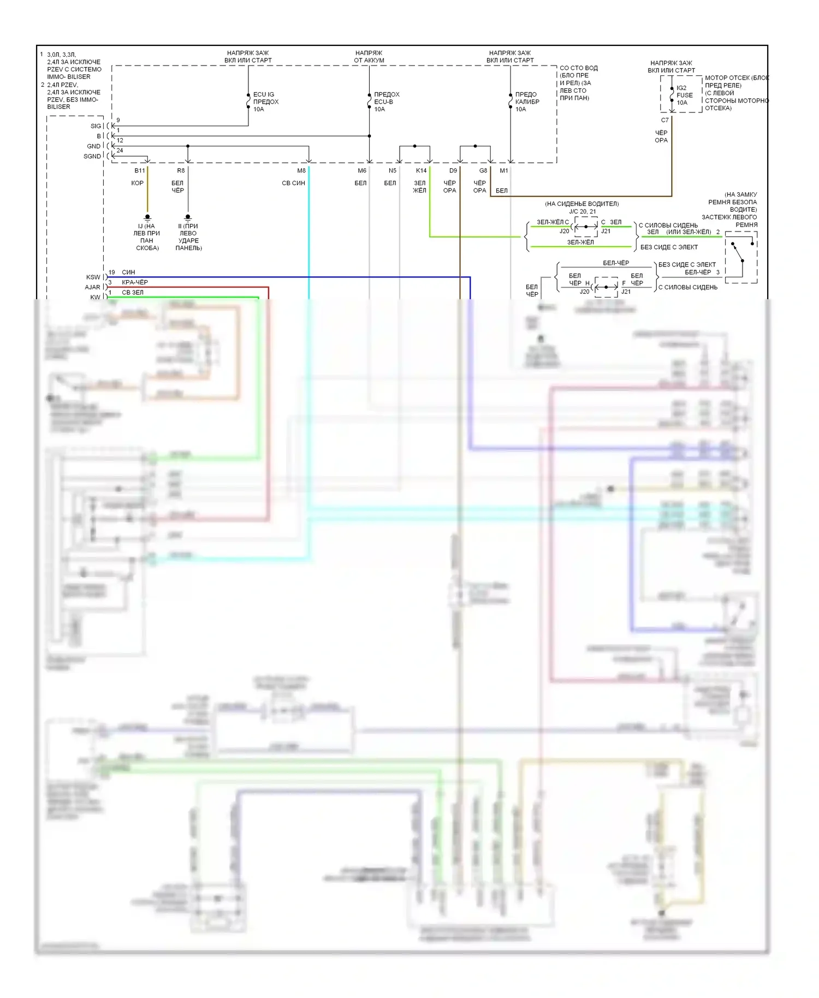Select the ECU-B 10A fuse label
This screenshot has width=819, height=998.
click(x=386, y=102)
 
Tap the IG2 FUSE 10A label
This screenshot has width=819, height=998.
click(x=684, y=95)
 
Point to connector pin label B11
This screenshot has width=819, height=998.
click(x=140, y=171)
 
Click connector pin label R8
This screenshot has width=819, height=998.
click(x=181, y=171)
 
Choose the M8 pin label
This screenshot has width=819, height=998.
click(x=301, y=171)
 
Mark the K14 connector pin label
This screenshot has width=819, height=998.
click(x=421, y=171)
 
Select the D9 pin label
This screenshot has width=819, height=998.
click(x=453, y=171)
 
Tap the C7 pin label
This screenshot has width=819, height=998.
click(x=664, y=120)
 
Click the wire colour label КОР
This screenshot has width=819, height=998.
click(x=137, y=183)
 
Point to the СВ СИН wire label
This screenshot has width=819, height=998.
click(x=293, y=183)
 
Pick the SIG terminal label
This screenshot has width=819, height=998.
click(x=96, y=126)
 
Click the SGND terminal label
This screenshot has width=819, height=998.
click(x=92, y=156)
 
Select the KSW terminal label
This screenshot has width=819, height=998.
click(x=93, y=277)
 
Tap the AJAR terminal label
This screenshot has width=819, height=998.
click(x=92, y=287)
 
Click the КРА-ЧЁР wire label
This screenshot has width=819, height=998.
click(x=134, y=282)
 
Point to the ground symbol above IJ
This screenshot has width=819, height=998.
click(x=147, y=218)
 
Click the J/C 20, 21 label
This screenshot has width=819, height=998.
click(x=583, y=211)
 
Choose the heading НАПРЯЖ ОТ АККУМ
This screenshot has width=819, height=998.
click(x=369, y=57)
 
